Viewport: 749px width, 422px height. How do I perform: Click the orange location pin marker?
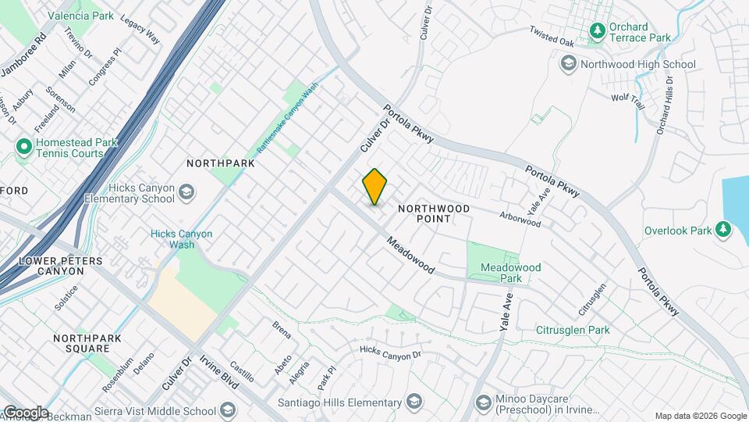click(374, 187)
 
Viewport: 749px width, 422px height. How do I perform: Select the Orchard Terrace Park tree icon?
click(598, 31)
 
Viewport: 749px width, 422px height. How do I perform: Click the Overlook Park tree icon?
click(724, 230)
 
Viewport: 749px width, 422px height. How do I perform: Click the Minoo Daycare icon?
click(484, 403)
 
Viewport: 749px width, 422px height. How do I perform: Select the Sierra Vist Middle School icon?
click(228, 411)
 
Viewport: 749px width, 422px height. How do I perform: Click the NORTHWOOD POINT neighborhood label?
click(435, 213)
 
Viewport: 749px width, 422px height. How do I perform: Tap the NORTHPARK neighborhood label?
click(221, 163)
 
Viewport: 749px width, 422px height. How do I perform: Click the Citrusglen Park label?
click(573, 331)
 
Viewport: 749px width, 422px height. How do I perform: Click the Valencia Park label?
click(80, 15)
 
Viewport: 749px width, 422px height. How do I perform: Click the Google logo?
click(25, 413)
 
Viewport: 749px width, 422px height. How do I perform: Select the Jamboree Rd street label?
click(23, 55)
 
